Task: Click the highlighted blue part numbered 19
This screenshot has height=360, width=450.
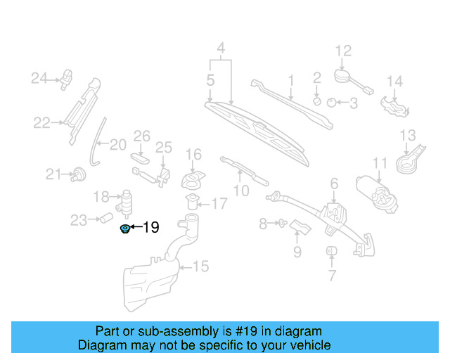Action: pos(126,228)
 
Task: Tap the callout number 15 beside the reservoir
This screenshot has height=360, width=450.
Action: pos(201,266)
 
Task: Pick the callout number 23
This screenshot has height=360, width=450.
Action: pos(78,221)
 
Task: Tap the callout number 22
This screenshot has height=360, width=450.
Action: pos(42,123)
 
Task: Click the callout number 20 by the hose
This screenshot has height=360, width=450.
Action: pos(117,145)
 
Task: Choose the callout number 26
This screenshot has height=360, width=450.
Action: pos(142,135)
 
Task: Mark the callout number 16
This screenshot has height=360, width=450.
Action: pos(193,154)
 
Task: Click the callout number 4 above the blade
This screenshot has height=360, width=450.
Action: pos(221,49)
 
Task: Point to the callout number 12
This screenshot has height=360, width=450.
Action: pos(342,51)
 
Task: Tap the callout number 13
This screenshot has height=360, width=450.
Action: pos(408,135)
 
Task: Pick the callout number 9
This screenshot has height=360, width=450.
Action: pos(297,250)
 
